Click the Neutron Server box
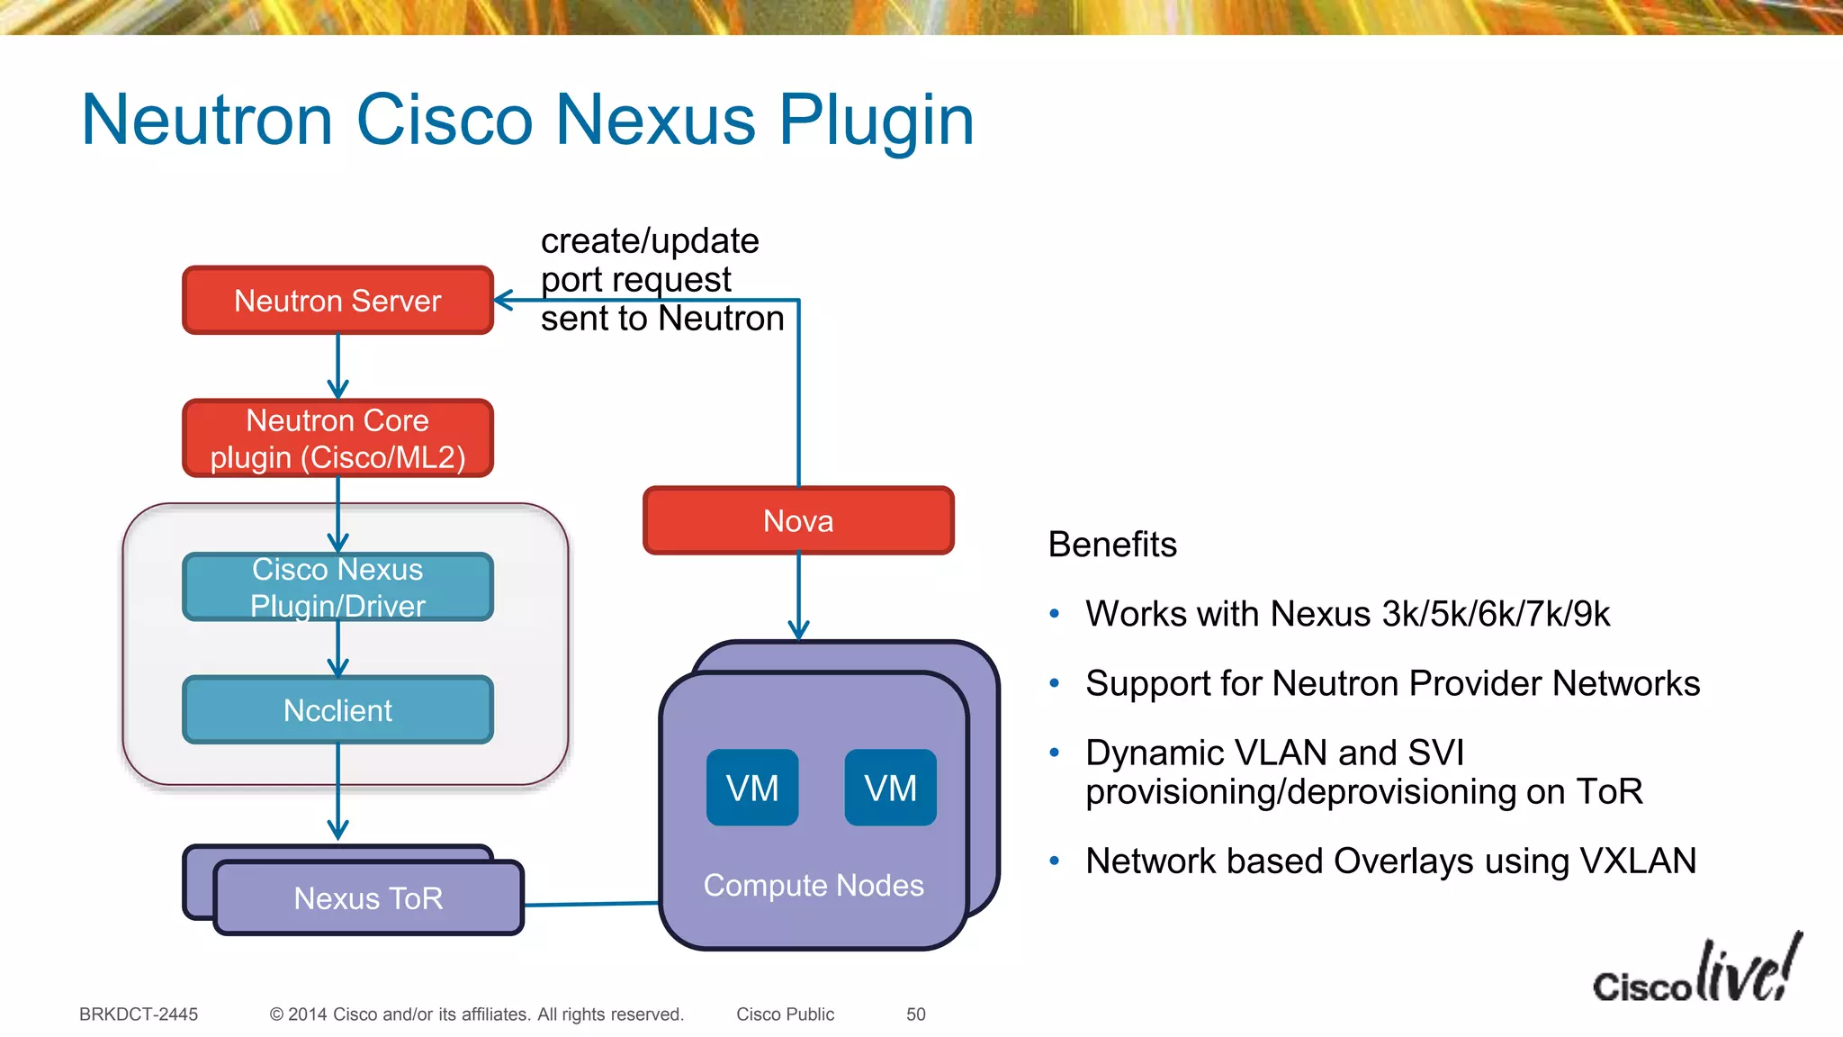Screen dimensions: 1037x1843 337,301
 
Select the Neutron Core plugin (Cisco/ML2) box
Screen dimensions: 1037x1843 337,438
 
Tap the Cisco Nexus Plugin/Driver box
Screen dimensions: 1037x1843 337,587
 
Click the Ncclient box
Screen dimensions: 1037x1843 337,710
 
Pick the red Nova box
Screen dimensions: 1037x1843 798,521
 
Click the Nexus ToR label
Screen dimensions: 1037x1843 368,898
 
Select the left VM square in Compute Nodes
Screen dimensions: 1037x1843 752,788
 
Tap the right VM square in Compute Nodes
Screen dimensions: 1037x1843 890,788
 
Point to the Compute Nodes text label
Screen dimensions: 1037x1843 814,886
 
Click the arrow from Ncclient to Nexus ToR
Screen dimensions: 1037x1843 337,792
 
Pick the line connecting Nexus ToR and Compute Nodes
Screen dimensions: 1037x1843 591,903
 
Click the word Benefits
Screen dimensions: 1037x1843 1112,545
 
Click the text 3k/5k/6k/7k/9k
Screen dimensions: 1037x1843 1496,614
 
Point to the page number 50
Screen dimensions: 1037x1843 915,1014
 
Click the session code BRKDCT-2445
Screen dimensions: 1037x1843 139,1014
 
